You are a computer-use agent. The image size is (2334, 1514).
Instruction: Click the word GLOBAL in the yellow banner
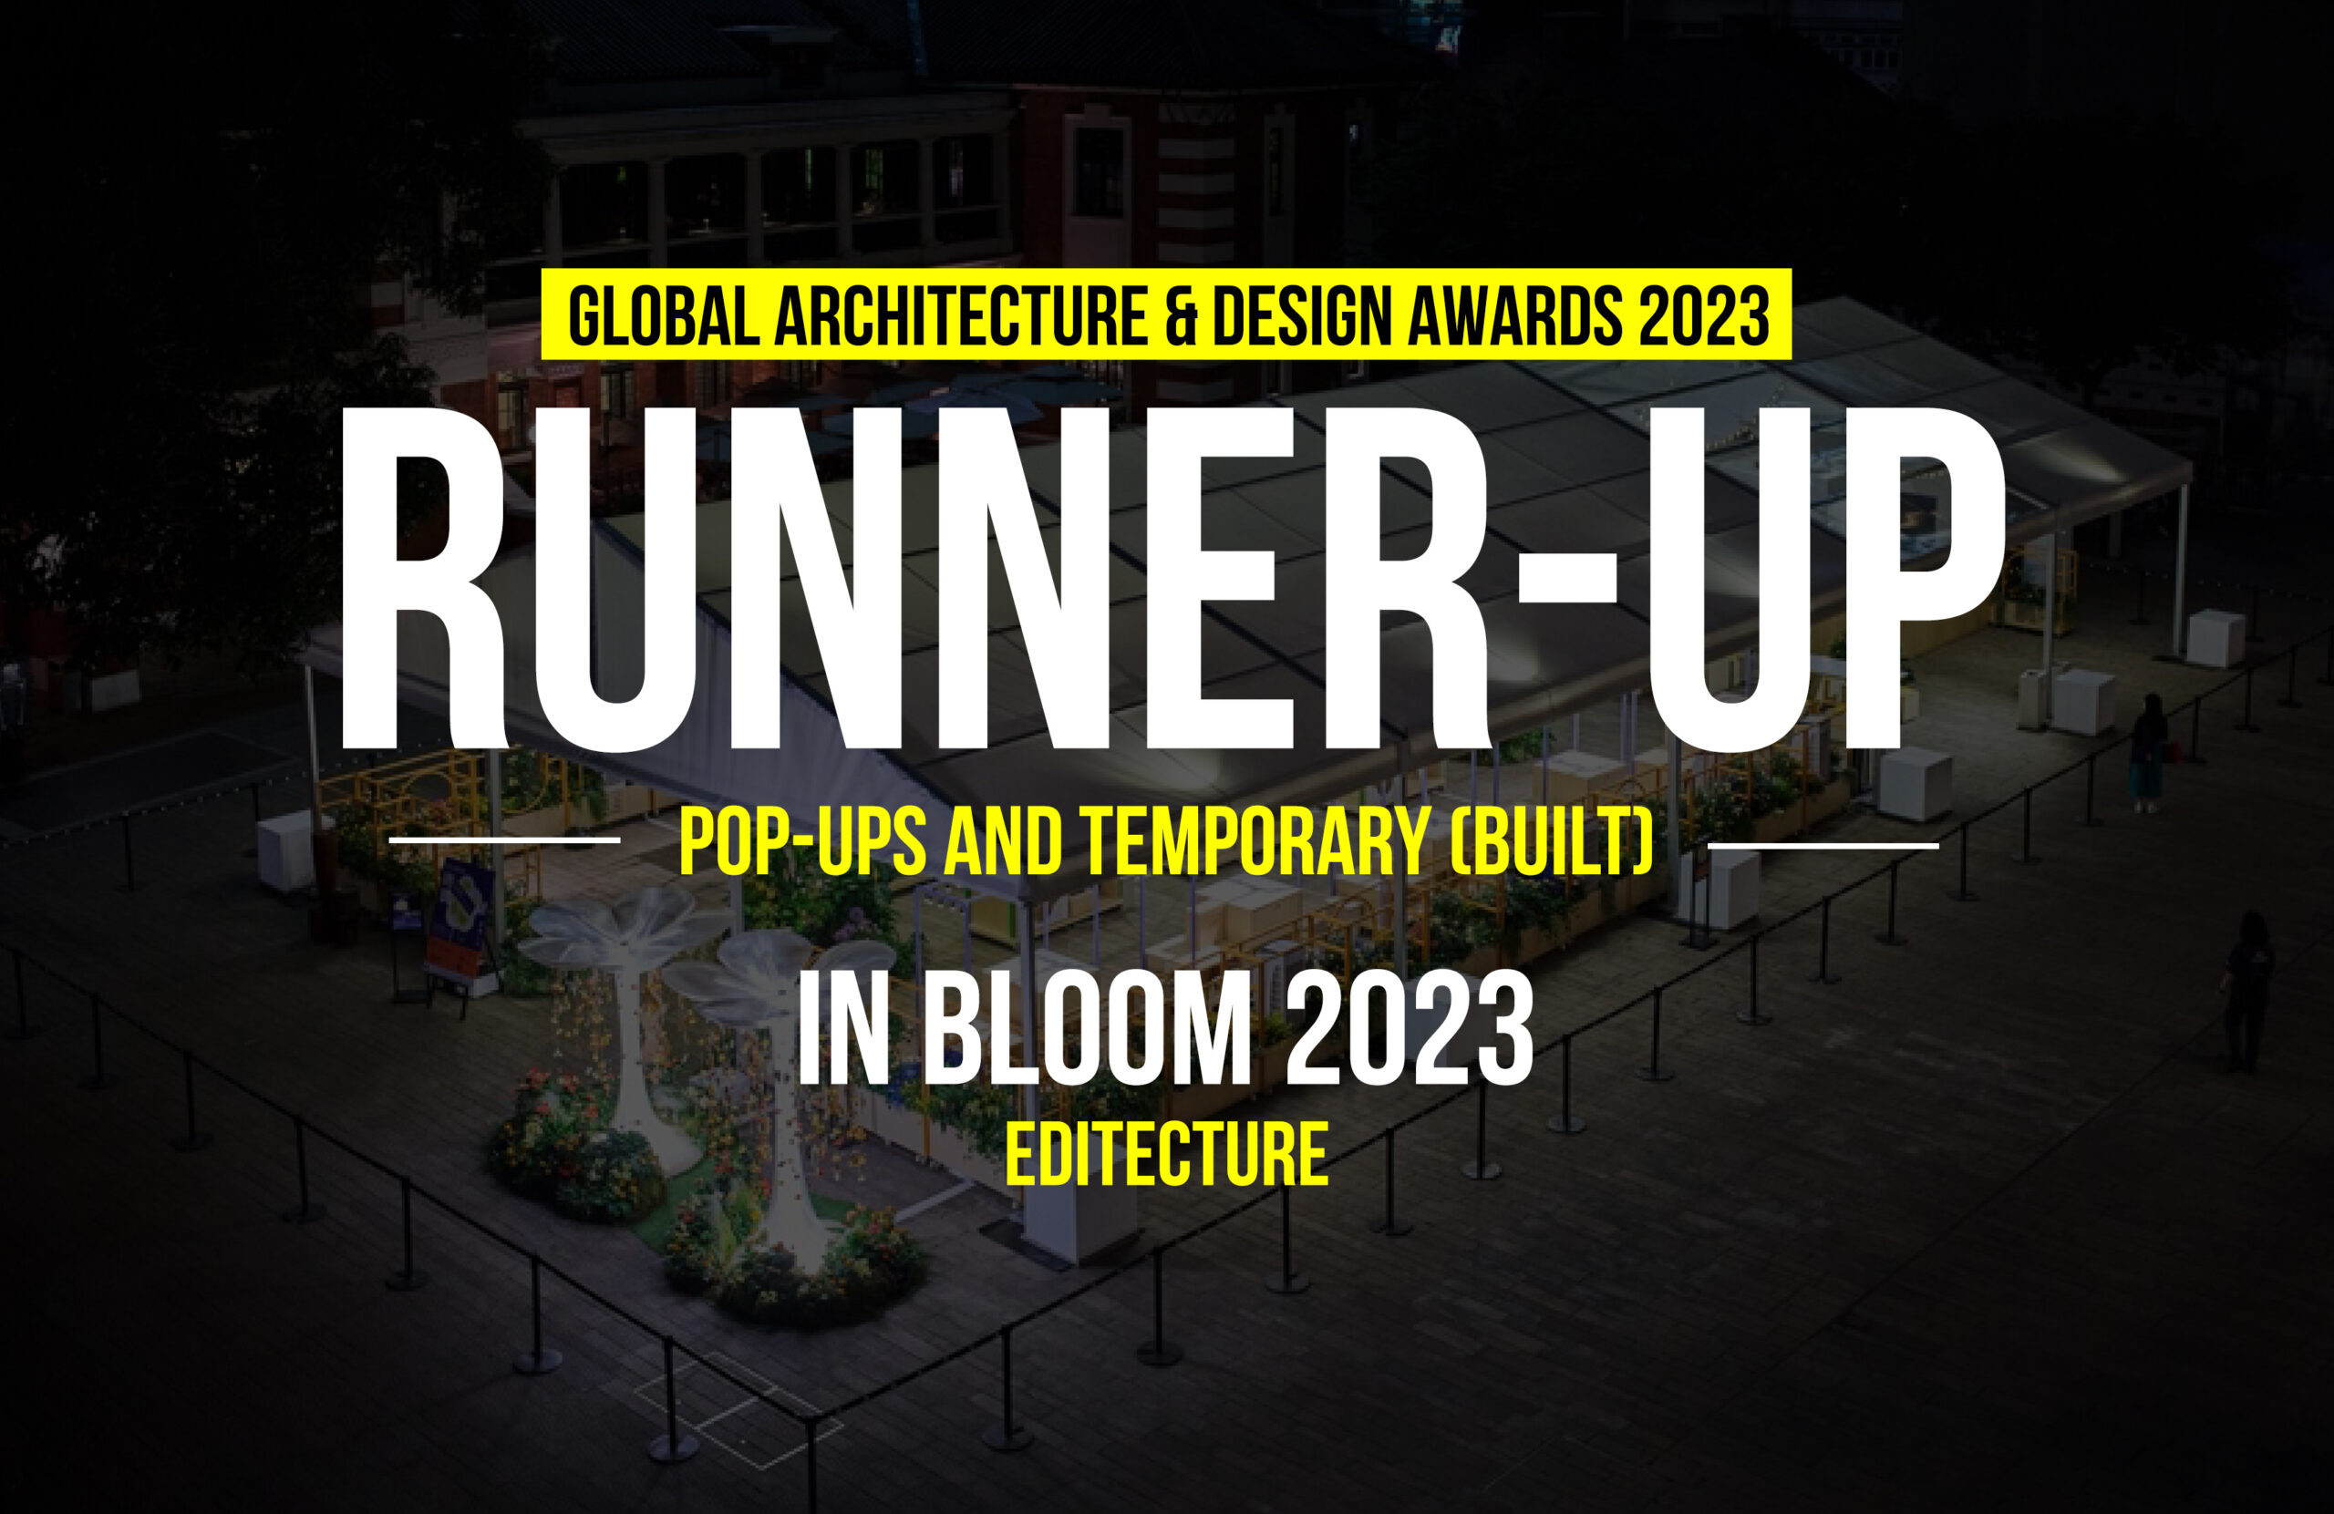(x=664, y=316)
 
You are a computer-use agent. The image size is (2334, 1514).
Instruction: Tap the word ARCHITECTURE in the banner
(x=961, y=316)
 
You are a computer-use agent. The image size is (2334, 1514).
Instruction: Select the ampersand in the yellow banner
(x=1181, y=316)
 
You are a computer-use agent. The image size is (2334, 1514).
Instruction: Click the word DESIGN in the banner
(x=1304, y=316)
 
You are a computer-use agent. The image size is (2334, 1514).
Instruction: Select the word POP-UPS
(x=801, y=841)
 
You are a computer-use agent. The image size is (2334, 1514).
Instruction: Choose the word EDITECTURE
(x=1167, y=1155)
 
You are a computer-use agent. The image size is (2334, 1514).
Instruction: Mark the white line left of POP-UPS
(x=504, y=840)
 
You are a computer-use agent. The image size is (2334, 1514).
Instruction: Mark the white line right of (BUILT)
(x=1823, y=844)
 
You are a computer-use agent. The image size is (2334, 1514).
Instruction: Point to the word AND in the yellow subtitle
(x=1003, y=841)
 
